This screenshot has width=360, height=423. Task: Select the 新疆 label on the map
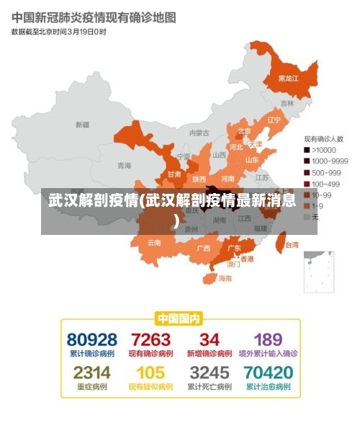[83, 125]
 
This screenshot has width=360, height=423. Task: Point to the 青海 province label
[125, 166]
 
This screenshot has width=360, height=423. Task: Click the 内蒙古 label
[199, 133]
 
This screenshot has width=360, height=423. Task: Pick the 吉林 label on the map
[287, 104]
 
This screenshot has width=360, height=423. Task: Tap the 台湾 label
[291, 245]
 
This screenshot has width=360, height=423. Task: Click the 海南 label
[225, 278]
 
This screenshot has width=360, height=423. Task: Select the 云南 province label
[154, 243]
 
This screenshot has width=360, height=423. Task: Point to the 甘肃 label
[174, 174]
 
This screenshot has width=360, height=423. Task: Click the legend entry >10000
[325, 150]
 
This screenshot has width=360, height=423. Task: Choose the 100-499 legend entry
[325, 184]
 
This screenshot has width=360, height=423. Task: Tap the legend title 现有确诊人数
[323, 138]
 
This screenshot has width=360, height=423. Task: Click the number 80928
[92, 339]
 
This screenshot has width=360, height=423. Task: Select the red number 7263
[150, 339]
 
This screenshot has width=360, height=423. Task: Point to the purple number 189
[267, 339]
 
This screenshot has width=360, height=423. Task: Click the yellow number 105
[150, 373]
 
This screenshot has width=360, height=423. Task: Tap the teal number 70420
[268, 373]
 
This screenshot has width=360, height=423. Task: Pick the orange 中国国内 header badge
[179, 318]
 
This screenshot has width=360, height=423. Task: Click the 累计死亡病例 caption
[209, 387]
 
